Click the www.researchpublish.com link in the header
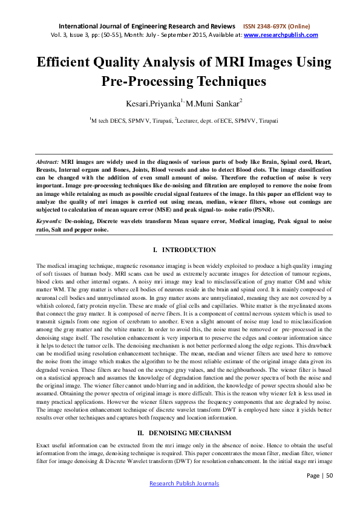click(x=281, y=36)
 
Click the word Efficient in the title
click(x=67, y=63)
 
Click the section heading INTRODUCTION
click(x=189, y=250)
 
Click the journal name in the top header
click(x=146, y=27)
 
